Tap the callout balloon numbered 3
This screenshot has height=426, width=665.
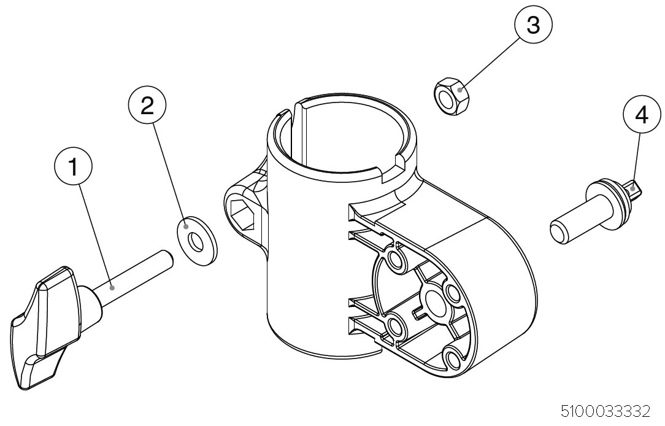coord(532,26)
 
